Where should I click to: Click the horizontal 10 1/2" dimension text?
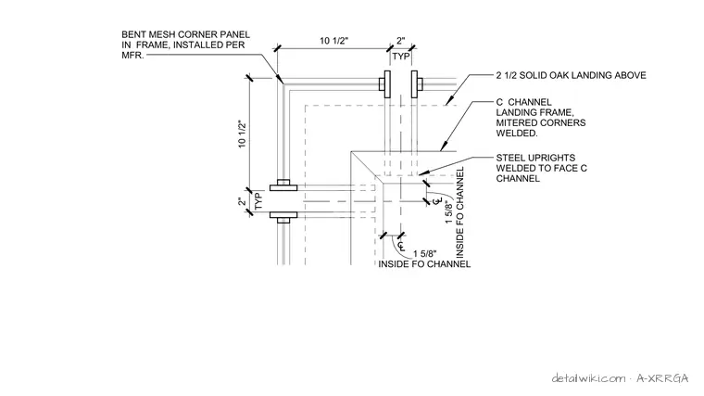click(333, 41)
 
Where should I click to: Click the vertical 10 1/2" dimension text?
click(243, 134)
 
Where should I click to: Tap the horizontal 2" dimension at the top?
click(400, 41)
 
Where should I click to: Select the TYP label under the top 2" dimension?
click(401, 57)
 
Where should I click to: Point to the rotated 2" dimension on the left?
click(243, 202)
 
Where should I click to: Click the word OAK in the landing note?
click(558, 75)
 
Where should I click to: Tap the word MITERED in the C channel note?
click(513, 122)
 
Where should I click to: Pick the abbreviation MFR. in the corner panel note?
click(132, 56)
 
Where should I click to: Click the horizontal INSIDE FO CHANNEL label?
click(424, 264)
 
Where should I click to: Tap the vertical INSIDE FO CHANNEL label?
click(459, 212)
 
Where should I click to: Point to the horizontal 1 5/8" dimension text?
click(425, 254)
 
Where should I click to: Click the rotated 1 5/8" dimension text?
click(449, 213)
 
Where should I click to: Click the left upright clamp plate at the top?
click(387, 83)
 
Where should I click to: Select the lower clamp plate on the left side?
click(283, 215)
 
